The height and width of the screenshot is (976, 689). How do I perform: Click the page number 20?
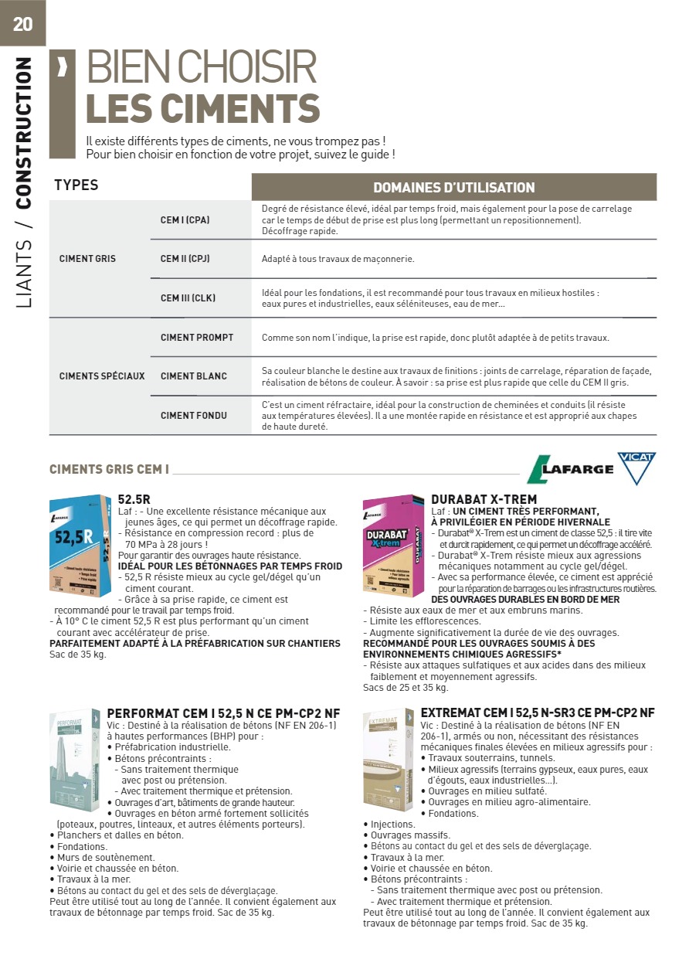pos(22,24)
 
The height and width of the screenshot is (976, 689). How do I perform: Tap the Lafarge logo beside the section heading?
pos(569,469)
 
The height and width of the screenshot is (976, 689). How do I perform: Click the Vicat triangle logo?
pos(636,468)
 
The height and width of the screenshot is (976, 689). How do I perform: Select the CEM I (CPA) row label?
pos(185,219)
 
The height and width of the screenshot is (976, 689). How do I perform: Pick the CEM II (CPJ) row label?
pos(185,258)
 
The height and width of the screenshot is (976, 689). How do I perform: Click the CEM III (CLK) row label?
pos(188,298)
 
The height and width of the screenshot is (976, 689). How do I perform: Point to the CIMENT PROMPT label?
pos(196,338)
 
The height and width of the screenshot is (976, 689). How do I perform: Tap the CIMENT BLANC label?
pos(193,376)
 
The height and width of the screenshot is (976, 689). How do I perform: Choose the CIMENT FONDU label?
pos(193,416)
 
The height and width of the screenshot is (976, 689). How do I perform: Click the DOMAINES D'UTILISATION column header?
pos(453,188)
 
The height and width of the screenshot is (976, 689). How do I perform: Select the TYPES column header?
pos(76,185)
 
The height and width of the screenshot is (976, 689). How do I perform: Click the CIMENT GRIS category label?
pos(87,258)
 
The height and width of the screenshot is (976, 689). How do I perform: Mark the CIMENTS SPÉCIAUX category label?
pos(102,376)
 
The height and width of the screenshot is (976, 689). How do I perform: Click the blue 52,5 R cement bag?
pos(80,545)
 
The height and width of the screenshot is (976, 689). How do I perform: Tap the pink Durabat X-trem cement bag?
pos(393,545)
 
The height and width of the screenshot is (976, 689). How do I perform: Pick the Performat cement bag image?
pos(74,758)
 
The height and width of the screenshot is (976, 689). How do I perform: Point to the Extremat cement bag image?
pos(388,758)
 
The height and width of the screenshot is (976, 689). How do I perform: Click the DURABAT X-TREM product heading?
pos(484,500)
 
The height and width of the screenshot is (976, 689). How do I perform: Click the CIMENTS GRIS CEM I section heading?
pos(109,469)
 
